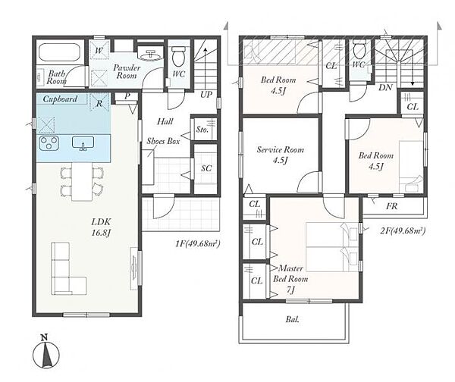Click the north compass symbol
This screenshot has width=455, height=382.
pyautogui.click(x=45, y=352)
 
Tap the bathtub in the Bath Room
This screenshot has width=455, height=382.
pyautogui.click(x=59, y=52)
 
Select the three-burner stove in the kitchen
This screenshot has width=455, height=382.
pyautogui.click(x=49, y=143)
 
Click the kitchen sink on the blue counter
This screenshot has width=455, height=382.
pyautogui.click(x=83, y=143)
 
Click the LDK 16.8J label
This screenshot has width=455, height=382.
pyautogui.click(x=101, y=227)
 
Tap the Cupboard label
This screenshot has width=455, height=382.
pyautogui.click(x=60, y=99)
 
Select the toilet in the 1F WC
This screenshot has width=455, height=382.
pyautogui.click(x=178, y=57)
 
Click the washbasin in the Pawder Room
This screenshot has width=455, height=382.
pyautogui.click(x=151, y=55)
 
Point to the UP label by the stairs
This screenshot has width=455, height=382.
pyautogui.click(x=206, y=95)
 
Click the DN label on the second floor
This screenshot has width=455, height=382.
pyautogui.click(x=385, y=87)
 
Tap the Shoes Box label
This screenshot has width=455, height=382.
pyautogui.click(x=163, y=141)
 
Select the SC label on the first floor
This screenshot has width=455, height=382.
pyautogui.click(x=206, y=168)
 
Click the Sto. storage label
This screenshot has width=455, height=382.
pyautogui.click(x=202, y=130)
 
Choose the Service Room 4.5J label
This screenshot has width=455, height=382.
pyautogui.click(x=281, y=155)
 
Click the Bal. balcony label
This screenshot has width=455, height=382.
pyautogui.click(x=292, y=319)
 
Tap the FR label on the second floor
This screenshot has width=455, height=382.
pyautogui.click(x=392, y=206)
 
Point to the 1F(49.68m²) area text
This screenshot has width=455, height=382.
pyautogui.click(x=198, y=243)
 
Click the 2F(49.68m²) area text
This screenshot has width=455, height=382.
pyautogui.click(x=403, y=231)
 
